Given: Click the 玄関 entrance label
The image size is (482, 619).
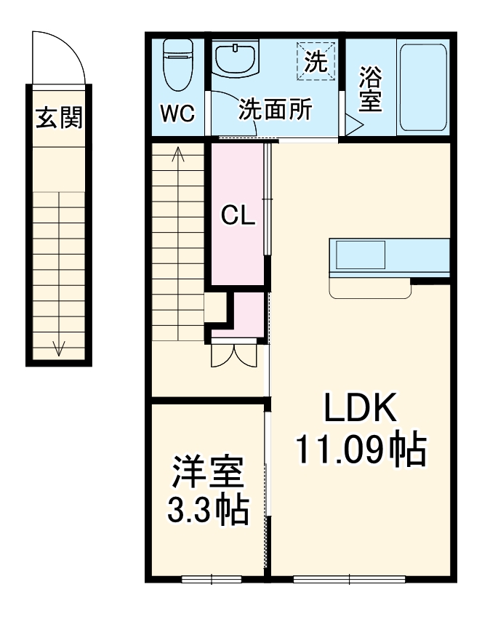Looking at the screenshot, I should [59, 117].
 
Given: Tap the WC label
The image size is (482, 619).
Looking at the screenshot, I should [177, 113].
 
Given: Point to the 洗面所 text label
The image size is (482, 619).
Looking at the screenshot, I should [276, 110].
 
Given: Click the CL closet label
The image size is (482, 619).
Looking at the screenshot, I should [238, 215].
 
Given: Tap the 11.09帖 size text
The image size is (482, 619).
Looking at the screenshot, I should [359, 451].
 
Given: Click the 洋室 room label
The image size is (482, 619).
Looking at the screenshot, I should [207, 474].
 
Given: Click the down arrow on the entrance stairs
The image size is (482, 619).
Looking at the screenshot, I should [59, 347].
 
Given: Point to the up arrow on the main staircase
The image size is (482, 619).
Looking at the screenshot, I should [178, 154].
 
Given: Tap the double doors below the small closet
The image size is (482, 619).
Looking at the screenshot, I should [233, 354].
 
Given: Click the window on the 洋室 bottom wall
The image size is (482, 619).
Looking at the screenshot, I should [211, 579].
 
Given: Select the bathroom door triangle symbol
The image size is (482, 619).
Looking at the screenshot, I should [353, 124].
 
